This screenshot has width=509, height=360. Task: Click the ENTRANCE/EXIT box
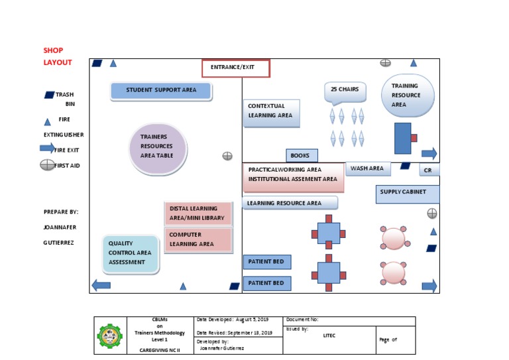(x=236, y=68)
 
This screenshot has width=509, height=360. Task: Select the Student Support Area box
(x=161, y=91)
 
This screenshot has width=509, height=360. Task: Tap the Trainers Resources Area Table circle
(x=158, y=149)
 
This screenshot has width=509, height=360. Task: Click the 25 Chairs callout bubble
(x=345, y=91)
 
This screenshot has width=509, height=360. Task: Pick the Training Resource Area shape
(x=408, y=95)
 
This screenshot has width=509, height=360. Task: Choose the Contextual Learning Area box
(x=272, y=113)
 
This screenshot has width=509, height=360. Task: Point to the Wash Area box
(x=368, y=169)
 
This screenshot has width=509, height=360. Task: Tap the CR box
(x=429, y=171)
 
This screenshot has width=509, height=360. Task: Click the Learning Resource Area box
(x=290, y=203)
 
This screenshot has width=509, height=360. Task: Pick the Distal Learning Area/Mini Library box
(x=198, y=213)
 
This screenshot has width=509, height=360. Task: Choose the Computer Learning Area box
(x=198, y=239)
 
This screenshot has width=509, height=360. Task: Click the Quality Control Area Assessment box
(x=131, y=254)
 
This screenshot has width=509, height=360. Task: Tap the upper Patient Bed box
(x=267, y=262)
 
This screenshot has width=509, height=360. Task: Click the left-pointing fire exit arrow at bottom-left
(x=101, y=286)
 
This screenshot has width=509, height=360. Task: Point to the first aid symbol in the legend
(x=48, y=165)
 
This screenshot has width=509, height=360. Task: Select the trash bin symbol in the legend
(x=49, y=95)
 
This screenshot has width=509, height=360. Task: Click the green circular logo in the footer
(x=110, y=335)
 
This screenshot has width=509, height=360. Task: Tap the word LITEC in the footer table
(x=329, y=335)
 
